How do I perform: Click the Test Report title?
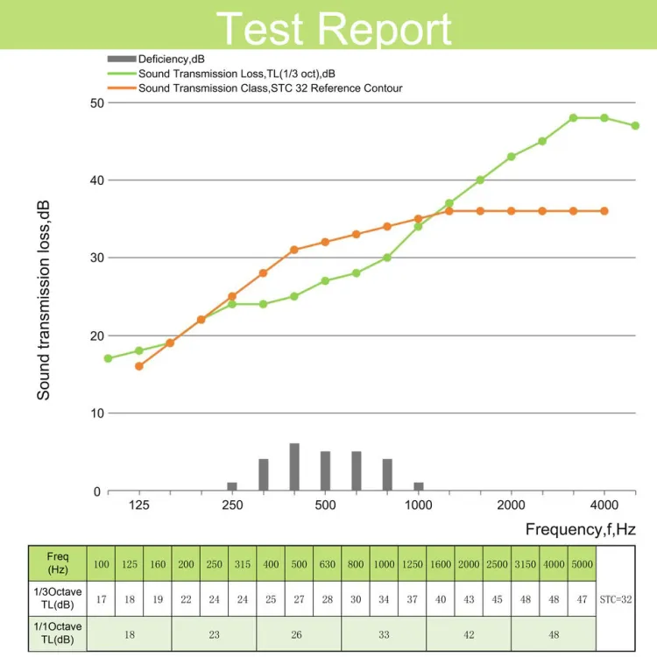tap(334, 29)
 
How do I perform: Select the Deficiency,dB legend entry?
tap(156, 59)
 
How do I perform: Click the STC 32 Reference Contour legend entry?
tap(255, 88)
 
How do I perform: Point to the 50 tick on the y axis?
tap(96, 103)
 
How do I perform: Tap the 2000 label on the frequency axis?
tap(512, 505)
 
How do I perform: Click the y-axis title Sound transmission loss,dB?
tap(44, 300)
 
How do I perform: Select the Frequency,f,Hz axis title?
tap(580, 529)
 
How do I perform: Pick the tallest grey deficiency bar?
tap(294, 467)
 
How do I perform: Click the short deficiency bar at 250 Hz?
tap(232, 486)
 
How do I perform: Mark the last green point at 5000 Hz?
tap(635, 125)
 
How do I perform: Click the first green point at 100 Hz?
tap(108, 358)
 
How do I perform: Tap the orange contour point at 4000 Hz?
tap(604, 211)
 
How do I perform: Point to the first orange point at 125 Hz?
tap(139, 366)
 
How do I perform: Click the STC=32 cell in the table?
tap(616, 599)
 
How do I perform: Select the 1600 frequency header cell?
tap(441, 564)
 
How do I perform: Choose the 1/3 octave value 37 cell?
tap(413, 599)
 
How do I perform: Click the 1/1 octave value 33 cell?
tap(384, 634)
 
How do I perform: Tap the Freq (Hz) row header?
tap(58, 563)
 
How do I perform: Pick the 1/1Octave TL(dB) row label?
tap(58, 633)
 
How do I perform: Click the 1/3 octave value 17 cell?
tap(101, 599)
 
